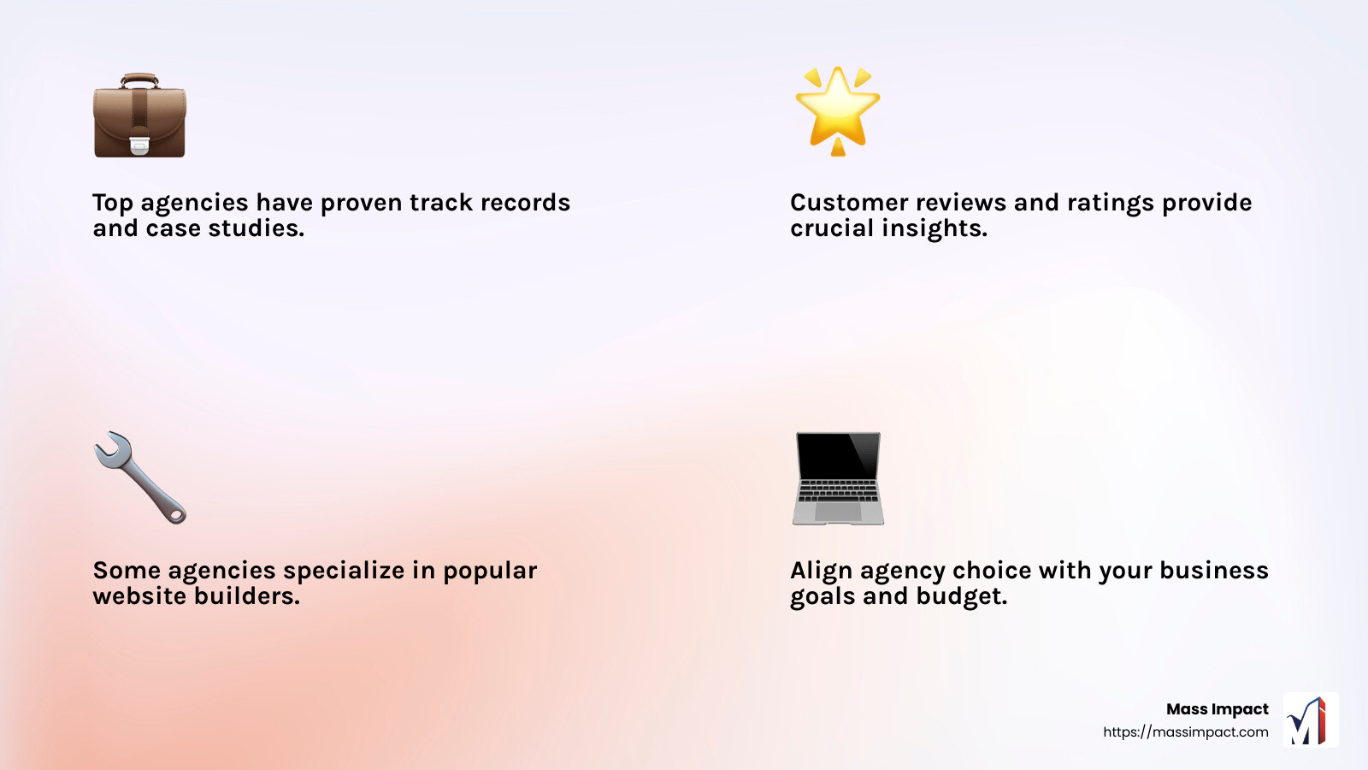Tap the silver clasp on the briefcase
(139, 145)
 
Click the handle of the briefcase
(139, 80)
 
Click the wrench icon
(139, 477)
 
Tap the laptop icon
(837, 477)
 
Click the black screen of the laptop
(837, 456)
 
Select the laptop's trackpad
(837, 512)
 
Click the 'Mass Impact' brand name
(1217, 709)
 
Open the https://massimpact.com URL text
(1185, 732)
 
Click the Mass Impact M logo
(1310, 720)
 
